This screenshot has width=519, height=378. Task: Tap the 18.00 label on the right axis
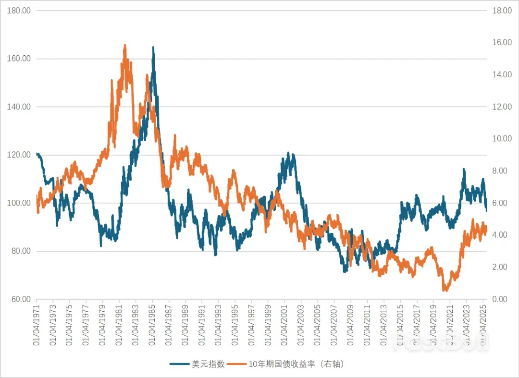500,11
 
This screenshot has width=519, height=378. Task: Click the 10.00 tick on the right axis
500,139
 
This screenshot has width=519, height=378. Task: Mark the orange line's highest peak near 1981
125,45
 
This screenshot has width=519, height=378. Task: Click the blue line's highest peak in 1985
153,47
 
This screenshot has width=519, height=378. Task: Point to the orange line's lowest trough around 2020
445,291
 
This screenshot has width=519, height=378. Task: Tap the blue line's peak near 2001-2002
288,153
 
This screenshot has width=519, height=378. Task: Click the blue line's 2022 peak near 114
464,169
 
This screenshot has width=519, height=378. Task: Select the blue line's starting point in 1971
37,154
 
